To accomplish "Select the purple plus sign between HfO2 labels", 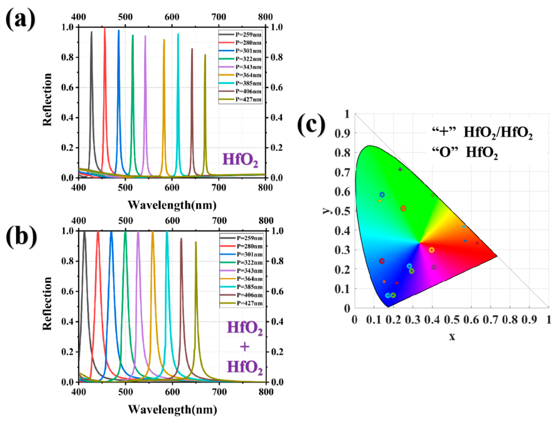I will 245,347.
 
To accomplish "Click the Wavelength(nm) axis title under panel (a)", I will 172,205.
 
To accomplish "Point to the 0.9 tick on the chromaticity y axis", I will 342,134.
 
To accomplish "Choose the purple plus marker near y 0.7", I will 400,169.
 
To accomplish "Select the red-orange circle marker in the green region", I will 403,208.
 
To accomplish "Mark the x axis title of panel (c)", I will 452,337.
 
